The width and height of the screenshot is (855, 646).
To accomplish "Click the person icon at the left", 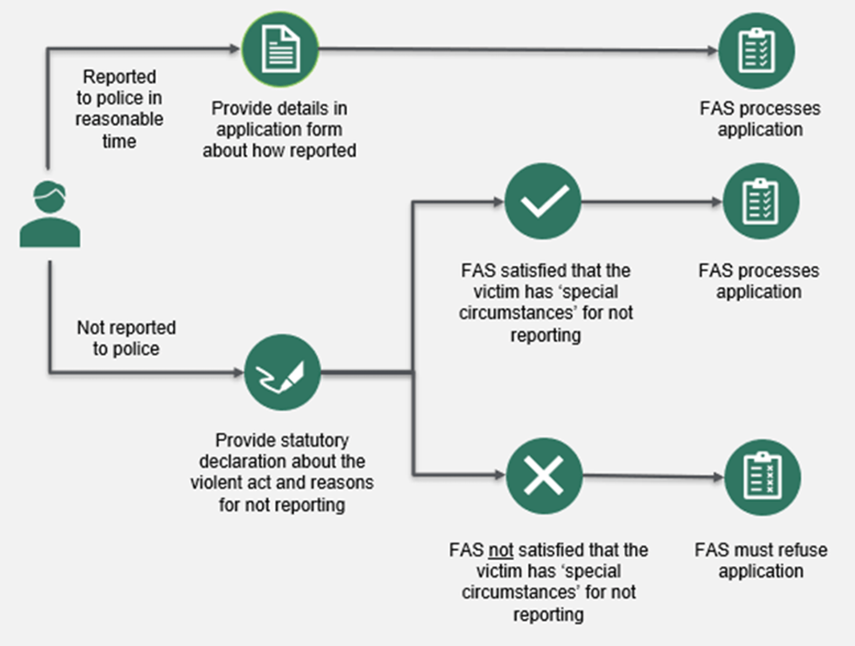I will tap(50, 214).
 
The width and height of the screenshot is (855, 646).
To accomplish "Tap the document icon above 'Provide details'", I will tap(280, 49).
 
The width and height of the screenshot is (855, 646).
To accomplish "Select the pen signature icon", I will tap(282, 372).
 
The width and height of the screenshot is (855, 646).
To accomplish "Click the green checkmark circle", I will tap(543, 201).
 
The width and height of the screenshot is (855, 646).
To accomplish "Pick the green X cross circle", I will tap(544, 476).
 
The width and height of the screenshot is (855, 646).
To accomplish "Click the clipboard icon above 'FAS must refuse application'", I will tap(763, 478).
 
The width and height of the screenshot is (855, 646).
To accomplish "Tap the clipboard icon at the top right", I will tap(756, 51).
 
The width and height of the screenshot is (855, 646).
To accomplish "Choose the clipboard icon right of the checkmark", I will tap(761, 201).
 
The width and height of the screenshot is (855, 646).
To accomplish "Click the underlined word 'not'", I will tap(500, 550).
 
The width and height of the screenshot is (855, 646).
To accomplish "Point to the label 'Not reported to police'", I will tap(126, 338).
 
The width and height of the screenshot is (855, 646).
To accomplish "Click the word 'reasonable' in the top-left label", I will tap(119, 119).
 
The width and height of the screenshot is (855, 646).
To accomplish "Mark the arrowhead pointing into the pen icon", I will tap(238, 372).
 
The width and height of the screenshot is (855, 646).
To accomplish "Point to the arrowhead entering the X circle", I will tap(499, 475).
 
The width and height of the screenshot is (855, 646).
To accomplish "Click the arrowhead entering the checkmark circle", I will tap(498, 202).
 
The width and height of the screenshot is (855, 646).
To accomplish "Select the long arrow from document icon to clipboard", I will tap(518, 50).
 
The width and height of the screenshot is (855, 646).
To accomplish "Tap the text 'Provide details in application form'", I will tap(279, 119).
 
